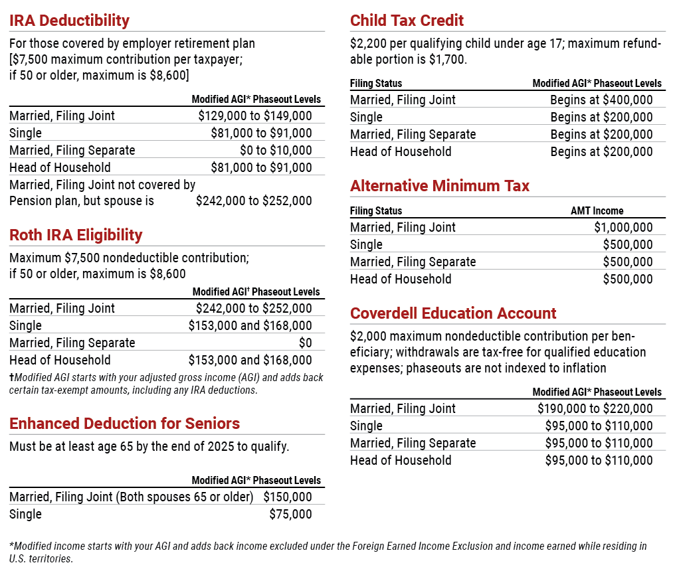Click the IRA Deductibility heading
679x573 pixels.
tap(69, 21)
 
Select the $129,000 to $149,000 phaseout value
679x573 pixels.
tap(254, 116)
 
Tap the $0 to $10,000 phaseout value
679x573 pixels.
tap(276, 150)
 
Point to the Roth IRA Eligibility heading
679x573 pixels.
tap(76, 235)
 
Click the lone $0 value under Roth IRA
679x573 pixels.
tap(305, 343)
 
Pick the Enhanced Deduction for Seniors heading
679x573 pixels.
tap(124, 424)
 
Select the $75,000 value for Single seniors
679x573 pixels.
tap(290, 514)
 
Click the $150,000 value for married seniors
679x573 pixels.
tap(287, 497)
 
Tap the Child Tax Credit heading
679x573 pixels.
tap(407, 21)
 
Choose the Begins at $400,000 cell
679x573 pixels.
tap(601, 100)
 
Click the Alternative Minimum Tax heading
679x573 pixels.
tap(440, 186)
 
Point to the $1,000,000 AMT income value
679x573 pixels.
tap(623, 227)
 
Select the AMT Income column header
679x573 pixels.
tap(597, 211)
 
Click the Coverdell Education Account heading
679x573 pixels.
tap(453, 313)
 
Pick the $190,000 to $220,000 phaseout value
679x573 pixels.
tap(595, 408)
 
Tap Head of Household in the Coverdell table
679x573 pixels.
tap(401, 460)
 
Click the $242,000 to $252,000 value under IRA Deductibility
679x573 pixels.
tap(254, 201)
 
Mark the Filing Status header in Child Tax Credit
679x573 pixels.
tap(376, 84)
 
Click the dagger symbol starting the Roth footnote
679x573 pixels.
tap(12, 377)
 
